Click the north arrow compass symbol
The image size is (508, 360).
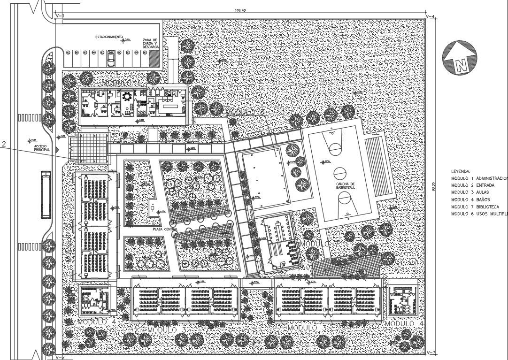coord(460,58)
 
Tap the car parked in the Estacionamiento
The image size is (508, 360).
coord(111,59)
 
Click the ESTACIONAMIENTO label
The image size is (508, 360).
coord(109,37)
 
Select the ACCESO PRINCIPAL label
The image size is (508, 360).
coord(42,148)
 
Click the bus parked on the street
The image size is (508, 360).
coord(46,194)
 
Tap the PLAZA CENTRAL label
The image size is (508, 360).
coord(164,229)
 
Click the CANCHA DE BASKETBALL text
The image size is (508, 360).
coord(346,185)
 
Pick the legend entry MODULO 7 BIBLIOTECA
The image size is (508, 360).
coord(475,207)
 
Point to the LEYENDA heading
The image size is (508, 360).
coord(461,171)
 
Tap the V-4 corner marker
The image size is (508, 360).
coord(431,17)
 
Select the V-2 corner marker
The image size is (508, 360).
coord(59,357)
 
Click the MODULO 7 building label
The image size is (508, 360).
coord(319,245)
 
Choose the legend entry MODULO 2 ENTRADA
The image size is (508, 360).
coord(473,185)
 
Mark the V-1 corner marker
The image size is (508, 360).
coord(59,16)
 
